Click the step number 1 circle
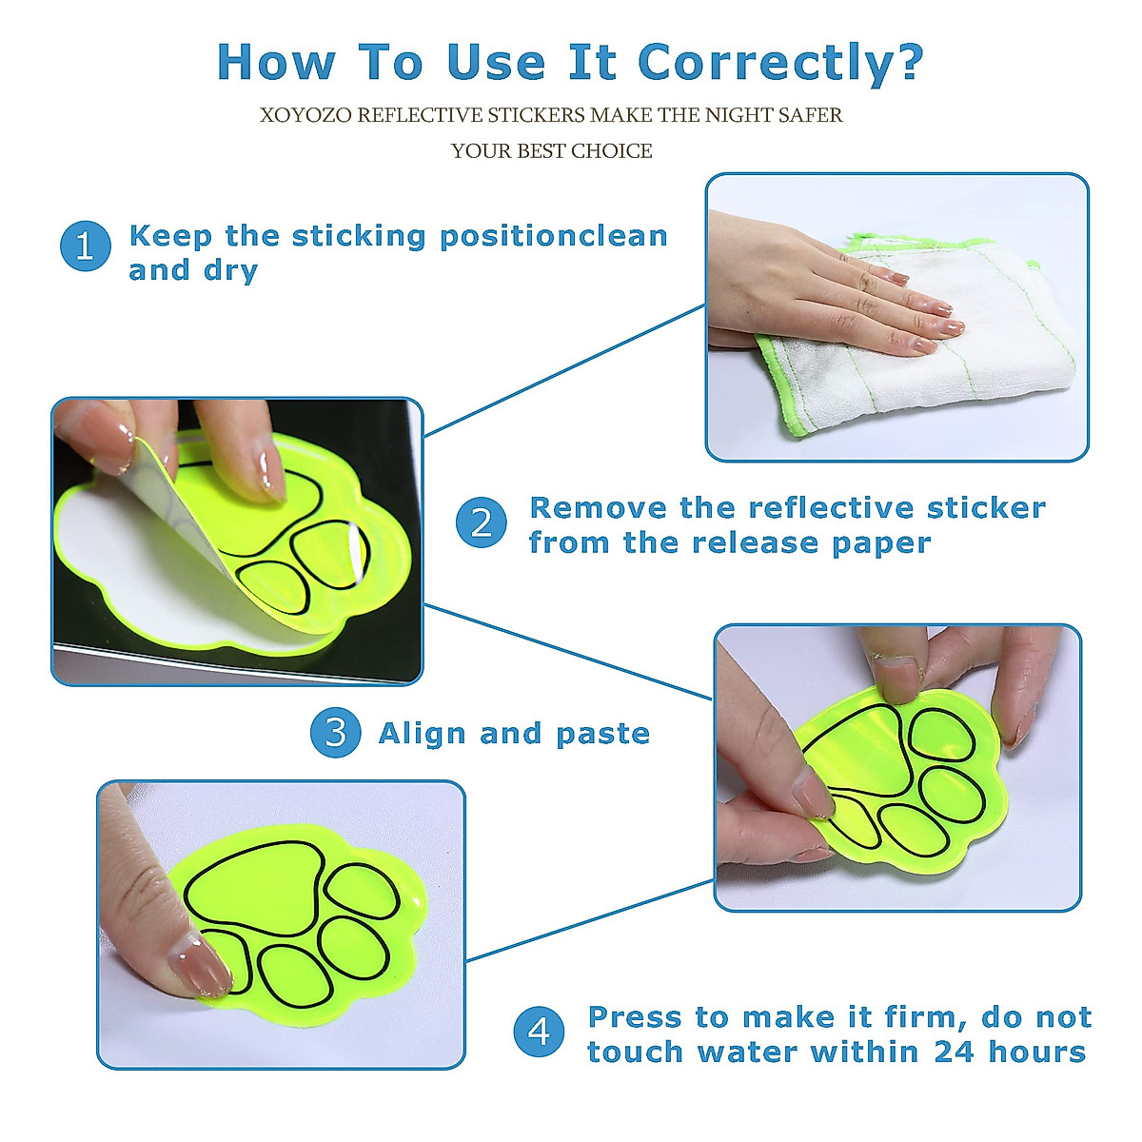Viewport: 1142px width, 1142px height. (x=86, y=246)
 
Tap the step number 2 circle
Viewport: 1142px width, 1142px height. (x=482, y=522)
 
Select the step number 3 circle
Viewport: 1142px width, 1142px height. (x=335, y=733)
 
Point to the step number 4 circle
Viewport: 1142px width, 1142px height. (x=539, y=1033)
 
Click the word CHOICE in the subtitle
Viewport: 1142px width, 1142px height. (x=612, y=151)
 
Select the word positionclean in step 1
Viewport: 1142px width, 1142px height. (x=554, y=236)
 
